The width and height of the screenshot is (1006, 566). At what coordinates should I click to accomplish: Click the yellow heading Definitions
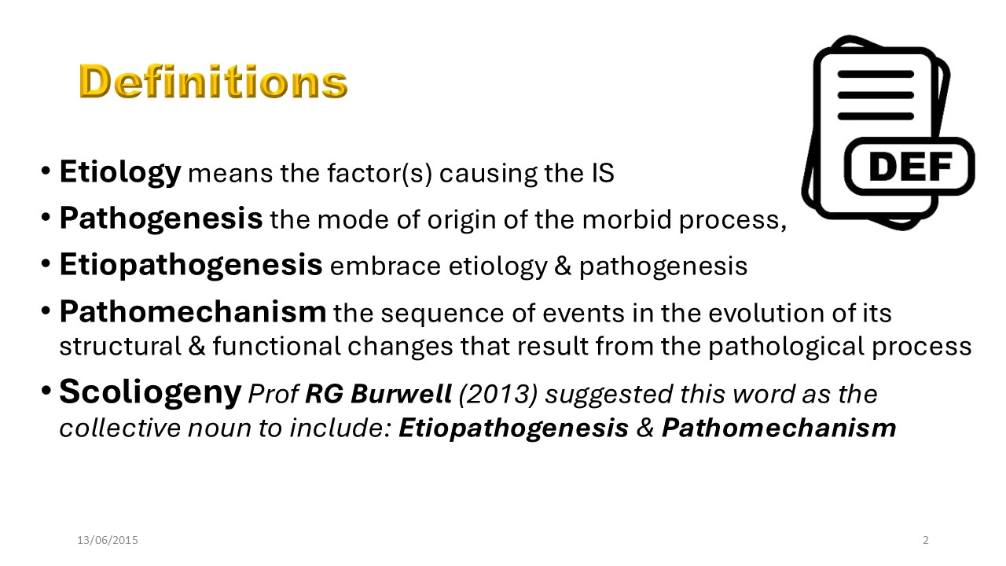pos(213,81)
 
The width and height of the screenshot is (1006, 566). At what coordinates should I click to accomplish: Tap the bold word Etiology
pos(120,172)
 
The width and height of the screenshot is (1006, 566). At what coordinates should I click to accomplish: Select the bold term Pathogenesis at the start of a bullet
pos(161,219)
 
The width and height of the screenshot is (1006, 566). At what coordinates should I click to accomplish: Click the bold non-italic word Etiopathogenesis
pos(191,266)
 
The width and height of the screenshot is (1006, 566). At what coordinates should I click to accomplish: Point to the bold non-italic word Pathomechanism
pos(193,311)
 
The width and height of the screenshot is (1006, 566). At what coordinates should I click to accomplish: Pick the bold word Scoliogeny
pos(150,392)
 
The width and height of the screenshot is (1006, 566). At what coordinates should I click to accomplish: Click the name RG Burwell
pos(378,394)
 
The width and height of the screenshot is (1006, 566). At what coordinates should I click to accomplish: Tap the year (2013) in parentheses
pos(497,395)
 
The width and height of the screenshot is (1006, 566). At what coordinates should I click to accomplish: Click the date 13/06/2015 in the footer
pos(108,540)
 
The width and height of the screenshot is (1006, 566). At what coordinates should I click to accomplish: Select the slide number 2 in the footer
pos(926,540)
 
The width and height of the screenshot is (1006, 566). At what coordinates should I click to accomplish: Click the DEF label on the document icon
pos(910,167)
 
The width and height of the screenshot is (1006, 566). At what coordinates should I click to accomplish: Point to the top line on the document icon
pos(876,74)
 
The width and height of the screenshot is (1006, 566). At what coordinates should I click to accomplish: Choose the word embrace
pos(386,266)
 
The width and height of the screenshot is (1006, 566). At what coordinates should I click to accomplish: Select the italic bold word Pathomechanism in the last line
pos(779,428)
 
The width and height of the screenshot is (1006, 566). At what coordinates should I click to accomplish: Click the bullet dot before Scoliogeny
pos(46,390)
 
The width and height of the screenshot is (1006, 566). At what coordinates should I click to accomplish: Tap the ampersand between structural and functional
pos(196,347)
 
